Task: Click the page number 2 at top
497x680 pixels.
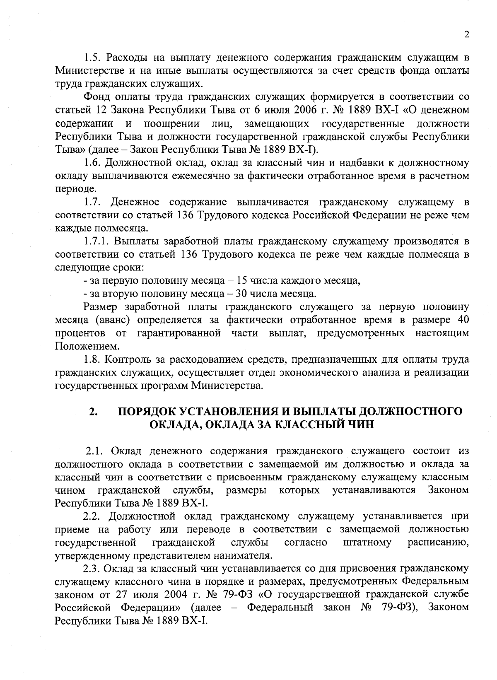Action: pos(466,35)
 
